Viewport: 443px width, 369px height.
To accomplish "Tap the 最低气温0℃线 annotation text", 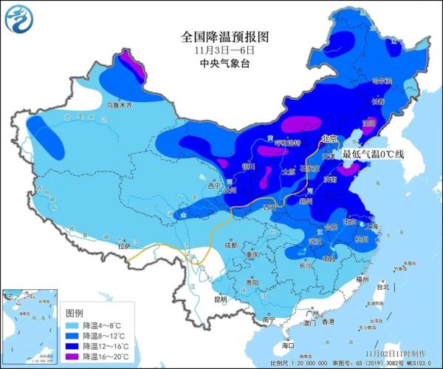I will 374,155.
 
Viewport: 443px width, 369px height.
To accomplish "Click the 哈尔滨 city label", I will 381,81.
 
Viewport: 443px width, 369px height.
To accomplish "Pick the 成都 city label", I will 232,245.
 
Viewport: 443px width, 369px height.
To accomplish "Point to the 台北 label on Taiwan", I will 383,286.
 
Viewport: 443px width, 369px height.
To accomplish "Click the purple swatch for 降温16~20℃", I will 72,356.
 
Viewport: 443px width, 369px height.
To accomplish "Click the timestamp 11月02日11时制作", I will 403,353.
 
